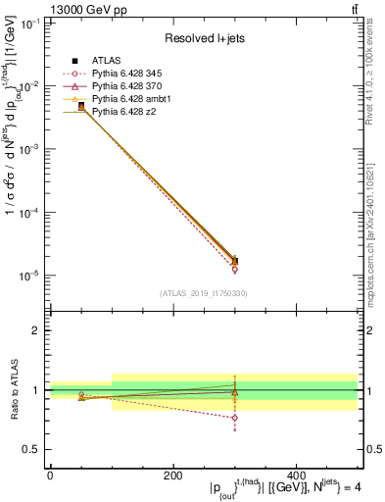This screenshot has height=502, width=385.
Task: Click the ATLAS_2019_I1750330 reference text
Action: tap(204, 293)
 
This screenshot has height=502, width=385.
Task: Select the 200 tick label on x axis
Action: tap(172, 476)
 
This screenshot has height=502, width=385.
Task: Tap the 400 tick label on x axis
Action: tap(296, 476)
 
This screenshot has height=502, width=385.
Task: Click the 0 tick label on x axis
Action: tap(50, 476)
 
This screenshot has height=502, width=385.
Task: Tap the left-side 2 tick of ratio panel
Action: tap(37, 330)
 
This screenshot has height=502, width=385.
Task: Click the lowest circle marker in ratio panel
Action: tap(234, 418)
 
